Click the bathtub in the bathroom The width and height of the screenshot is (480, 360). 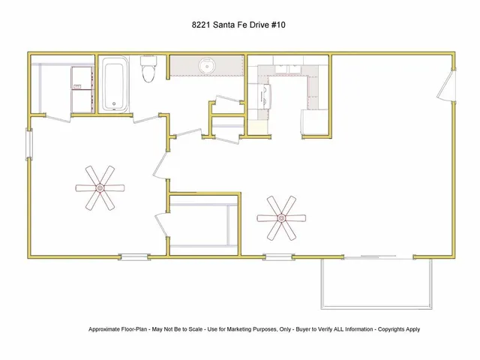click(115, 85)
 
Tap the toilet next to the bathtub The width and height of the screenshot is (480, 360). click(148, 71)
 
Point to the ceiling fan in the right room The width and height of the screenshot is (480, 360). click(282, 218)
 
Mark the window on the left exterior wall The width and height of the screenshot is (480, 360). click(29, 143)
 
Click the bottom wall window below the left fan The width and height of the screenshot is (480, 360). click(136, 257)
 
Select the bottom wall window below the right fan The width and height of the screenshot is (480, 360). click(278, 257)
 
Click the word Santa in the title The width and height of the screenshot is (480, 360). click(226, 25)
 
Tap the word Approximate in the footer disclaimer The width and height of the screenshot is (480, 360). click(106, 329)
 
